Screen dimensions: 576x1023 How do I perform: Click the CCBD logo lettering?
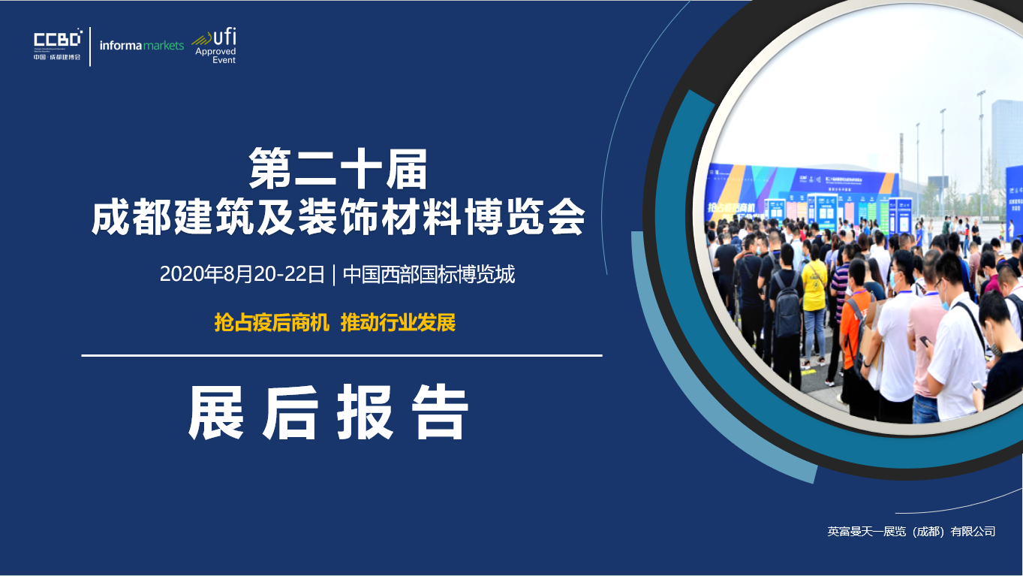[57, 40]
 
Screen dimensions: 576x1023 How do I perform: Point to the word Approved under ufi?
[215, 52]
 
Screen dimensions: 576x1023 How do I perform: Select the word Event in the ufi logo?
[224, 60]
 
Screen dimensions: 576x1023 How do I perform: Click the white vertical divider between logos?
[90, 47]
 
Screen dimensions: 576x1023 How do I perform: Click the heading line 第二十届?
[338, 169]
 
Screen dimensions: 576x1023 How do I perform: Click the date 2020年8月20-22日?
[242, 275]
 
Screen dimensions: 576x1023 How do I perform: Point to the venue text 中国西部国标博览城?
[429, 275]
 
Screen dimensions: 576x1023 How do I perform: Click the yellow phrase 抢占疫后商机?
[272, 323]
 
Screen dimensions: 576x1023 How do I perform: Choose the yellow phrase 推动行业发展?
[398, 323]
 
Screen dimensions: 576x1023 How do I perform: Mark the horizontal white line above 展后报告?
[342, 355]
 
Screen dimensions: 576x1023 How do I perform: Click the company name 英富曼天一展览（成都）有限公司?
[911, 532]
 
